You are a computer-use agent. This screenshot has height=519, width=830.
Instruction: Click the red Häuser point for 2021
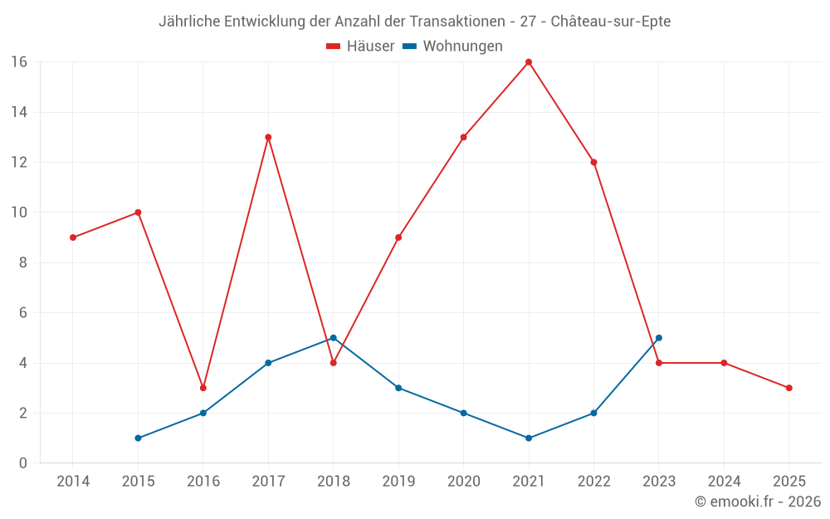coord(529,62)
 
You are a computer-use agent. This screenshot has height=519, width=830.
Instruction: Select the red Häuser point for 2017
coord(268,137)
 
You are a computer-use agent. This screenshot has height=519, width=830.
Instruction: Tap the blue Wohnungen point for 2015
coord(138,438)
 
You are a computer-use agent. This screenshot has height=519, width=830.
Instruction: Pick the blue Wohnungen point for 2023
coord(659,338)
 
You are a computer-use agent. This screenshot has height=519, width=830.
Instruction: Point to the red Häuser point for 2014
coord(73,237)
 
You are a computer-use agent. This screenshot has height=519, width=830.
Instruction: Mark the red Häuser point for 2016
coord(203,388)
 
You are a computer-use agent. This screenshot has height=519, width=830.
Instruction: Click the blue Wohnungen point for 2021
coord(529,438)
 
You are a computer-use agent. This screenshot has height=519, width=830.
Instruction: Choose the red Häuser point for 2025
coord(789,388)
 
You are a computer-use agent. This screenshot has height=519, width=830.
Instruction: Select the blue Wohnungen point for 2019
coord(398,388)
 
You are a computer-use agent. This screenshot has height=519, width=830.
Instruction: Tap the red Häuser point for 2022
coord(593,162)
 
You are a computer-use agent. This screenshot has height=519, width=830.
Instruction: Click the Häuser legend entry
coord(360,47)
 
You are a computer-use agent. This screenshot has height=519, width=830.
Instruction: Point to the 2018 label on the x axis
coord(333,482)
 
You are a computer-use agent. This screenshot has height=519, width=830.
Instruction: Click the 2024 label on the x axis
coord(724,482)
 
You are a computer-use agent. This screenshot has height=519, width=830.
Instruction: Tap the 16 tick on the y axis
coord(19,62)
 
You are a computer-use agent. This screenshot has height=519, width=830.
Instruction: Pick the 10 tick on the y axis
coord(19,213)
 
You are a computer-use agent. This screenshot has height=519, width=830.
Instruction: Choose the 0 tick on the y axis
coord(23,463)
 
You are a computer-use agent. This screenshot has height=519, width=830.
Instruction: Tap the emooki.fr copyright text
coord(758,502)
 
